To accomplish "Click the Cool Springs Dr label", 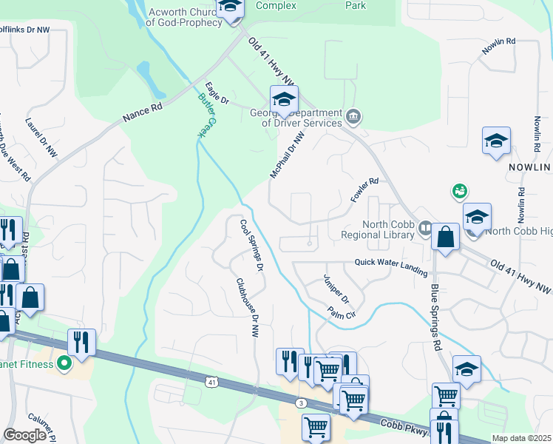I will click(x=251, y=245).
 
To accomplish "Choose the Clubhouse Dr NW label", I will click(x=246, y=309).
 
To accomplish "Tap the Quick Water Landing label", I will click(x=391, y=262).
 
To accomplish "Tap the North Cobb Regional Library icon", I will click(x=425, y=227).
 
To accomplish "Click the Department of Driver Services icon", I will click(x=353, y=116).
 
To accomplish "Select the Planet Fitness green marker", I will click(x=64, y=363).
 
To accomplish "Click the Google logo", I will click(x=24, y=435).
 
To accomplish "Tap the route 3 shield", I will click(x=301, y=403).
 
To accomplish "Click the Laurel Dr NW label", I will click(x=41, y=136).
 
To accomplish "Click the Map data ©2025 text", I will click(x=521, y=438).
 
